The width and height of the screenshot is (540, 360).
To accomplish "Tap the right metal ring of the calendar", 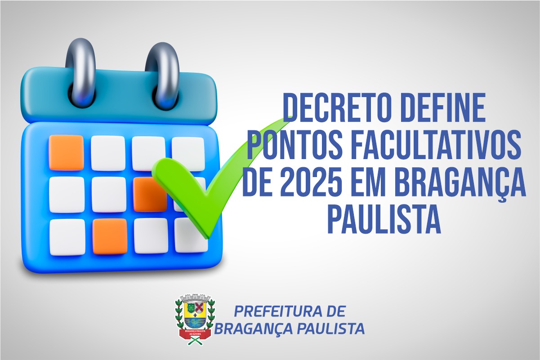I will [x=163, y=74].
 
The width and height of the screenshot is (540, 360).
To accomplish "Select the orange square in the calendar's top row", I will [x=66, y=152].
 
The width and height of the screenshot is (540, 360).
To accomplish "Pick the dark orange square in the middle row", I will [x=149, y=194].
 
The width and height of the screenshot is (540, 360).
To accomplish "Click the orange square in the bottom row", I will [x=110, y=236].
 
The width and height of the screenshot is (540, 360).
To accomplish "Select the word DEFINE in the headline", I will [x=442, y=108].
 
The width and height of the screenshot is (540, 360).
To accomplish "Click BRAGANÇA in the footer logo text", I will [x=253, y=329].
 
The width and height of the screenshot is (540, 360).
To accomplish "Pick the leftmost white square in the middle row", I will [x=67, y=194].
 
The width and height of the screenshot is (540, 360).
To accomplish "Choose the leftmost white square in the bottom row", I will [x=67, y=236].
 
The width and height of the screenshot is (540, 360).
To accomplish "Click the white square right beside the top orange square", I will [x=108, y=153].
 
